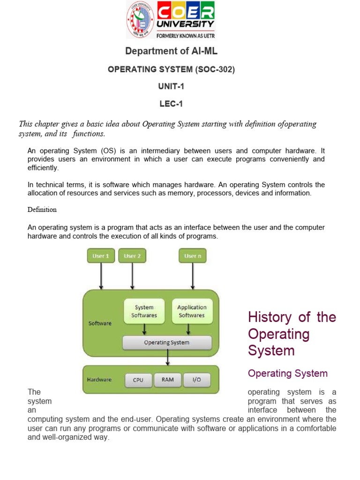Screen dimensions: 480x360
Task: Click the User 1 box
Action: click(101, 256)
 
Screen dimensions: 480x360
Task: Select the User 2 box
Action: click(133, 256)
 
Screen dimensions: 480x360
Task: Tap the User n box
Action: click(193, 256)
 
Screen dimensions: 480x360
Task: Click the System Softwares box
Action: click(144, 311)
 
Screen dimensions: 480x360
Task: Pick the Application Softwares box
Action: click(192, 311)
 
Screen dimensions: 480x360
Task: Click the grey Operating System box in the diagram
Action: click(167, 343)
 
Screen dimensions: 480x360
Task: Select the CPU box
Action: click(138, 380)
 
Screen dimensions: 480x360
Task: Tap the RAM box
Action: click(168, 380)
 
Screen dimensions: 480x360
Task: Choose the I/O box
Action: click(197, 380)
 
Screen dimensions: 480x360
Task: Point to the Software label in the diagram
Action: click(100, 323)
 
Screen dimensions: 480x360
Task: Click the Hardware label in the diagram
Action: click(99, 380)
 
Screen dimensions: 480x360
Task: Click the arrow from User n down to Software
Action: click(193, 276)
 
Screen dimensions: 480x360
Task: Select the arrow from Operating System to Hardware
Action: click(167, 358)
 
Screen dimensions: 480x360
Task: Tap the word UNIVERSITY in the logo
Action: click(186, 23)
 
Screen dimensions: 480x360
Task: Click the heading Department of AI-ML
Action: click(171, 51)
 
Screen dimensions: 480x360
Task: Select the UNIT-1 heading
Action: click(171, 87)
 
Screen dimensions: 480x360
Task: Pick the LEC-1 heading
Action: click(171, 104)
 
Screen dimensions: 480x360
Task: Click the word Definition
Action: click(42, 210)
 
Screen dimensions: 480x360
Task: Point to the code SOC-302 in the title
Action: click(214, 69)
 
